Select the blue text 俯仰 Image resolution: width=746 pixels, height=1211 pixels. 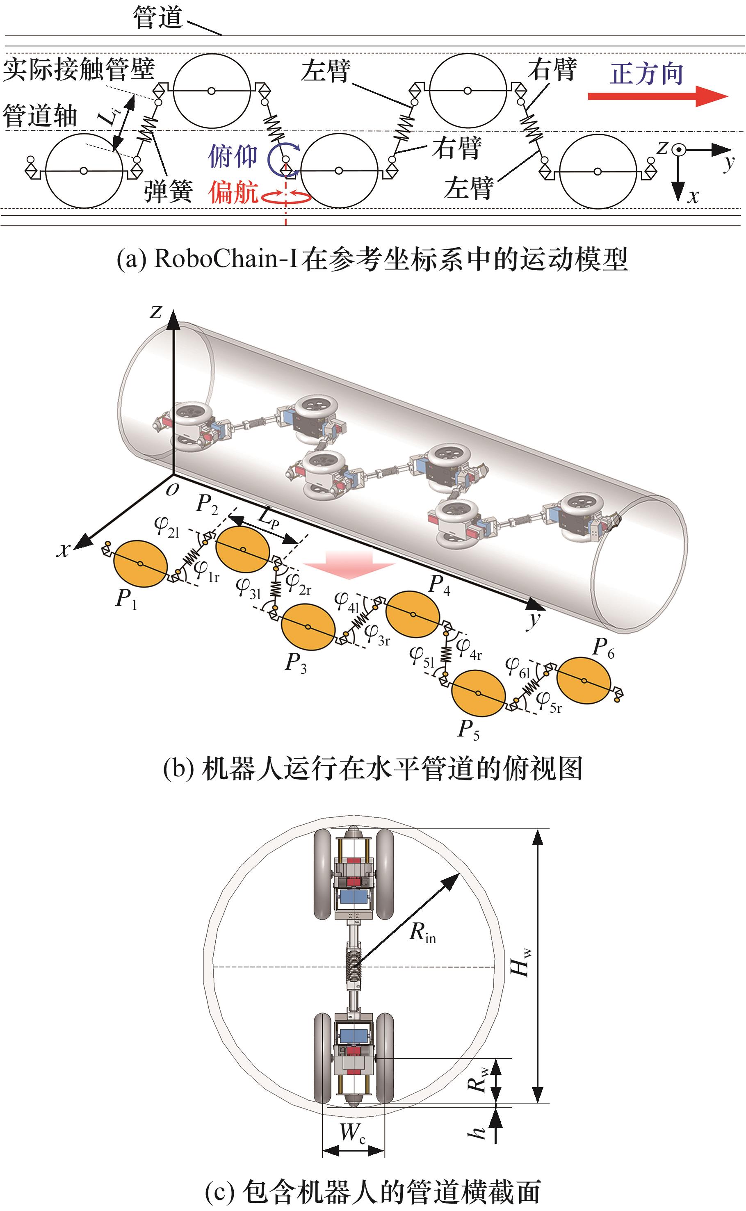(x=233, y=156)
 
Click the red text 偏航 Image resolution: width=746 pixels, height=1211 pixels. (x=233, y=192)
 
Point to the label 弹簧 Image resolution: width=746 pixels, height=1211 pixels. (x=168, y=192)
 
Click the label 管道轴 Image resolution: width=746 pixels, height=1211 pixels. (x=40, y=117)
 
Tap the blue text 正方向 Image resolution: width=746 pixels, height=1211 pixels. (x=646, y=74)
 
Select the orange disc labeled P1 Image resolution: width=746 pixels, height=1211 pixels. (x=141, y=564)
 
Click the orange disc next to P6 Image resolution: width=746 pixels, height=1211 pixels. (x=584, y=680)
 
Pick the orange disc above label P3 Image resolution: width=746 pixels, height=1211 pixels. (x=308, y=627)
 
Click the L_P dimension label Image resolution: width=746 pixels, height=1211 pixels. (x=268, y=519)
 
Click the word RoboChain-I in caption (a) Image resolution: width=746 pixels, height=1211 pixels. (x=226, y=258)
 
